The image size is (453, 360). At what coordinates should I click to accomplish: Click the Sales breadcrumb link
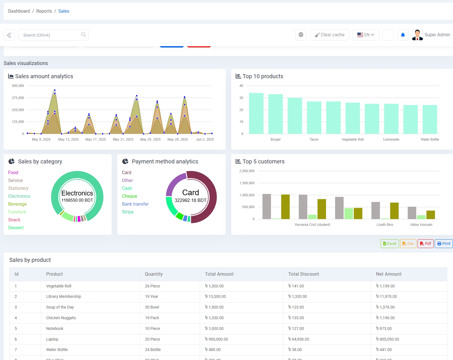(x=64, y=11)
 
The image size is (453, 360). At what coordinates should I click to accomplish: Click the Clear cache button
(x=329, y=35)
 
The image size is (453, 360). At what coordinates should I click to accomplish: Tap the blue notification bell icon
(x=403, y=35)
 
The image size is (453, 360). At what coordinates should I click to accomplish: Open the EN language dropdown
(x=365, y=35)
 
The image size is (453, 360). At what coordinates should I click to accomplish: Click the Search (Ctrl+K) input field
(x=51, y=35)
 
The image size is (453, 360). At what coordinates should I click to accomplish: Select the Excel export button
(x=389, y=244)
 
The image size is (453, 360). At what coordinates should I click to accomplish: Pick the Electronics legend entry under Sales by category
(x=19, y=196)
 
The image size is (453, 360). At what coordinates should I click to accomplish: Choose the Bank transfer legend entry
(x=135, y=204)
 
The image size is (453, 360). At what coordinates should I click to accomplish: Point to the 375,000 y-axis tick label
(x=18, y=98)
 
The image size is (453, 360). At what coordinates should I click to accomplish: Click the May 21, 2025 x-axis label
(x=123, y=139)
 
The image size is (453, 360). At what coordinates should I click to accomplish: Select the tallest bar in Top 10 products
(x=256, y=113)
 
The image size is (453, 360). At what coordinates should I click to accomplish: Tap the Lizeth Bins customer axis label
(x=385, y=225)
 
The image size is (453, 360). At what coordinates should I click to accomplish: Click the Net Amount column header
(x=389, y=274)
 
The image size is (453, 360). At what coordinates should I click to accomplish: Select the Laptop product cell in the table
(x=52, y=339)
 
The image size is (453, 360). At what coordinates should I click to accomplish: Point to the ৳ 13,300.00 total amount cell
(x=216, y=296)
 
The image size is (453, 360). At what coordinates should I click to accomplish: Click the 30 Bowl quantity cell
(x=152, y=307)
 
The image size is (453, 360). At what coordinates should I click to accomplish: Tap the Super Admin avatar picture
(x=417, y=35)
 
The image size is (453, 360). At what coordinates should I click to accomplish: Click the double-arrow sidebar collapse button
(x=9, y=35)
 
